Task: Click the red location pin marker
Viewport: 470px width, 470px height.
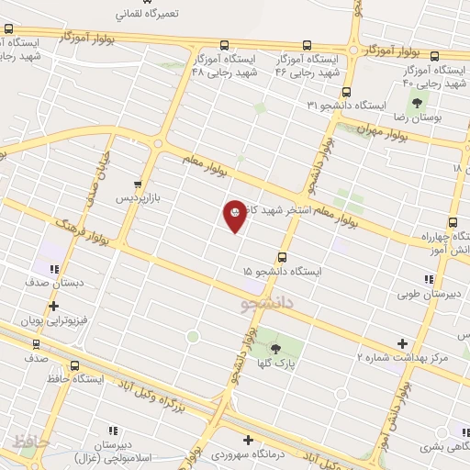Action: pos(235,215)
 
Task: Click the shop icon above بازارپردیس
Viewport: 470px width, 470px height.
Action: pos(138,184)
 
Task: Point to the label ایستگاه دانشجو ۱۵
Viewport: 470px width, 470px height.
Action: pos(283,272)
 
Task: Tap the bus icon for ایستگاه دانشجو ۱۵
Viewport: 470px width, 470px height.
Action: pos(282,258)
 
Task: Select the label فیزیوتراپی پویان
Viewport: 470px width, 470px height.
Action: pos(57,322)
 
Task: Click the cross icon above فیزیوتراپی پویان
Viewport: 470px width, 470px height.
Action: pos(54,307)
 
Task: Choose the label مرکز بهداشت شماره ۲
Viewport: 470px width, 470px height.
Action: pos(404,355)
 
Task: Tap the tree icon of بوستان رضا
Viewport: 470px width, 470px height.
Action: pos(419,104)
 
